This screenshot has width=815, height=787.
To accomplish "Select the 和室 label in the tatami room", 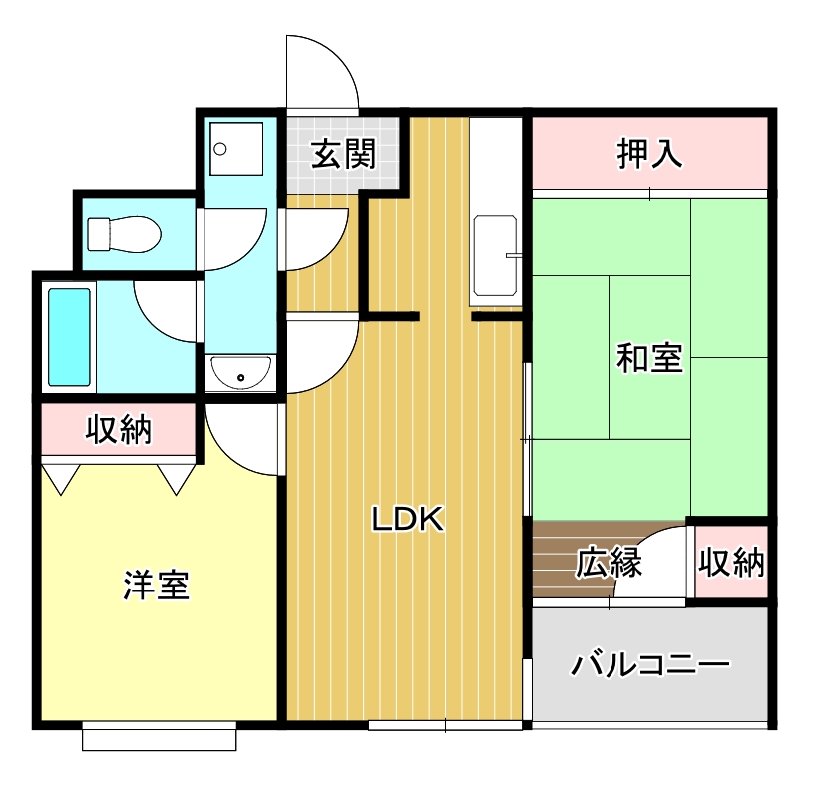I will (x=649, y=357).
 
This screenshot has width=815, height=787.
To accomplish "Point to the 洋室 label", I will (x=157, y=585).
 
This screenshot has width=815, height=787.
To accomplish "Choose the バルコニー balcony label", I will (x=649, y=663).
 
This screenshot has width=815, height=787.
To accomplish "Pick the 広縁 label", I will (x=609, y=564).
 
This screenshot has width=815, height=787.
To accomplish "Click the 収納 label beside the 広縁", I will (x=731, y=564).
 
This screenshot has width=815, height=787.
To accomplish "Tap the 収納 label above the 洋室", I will (x=118, y=430).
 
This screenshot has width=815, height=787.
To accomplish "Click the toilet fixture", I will (x=124, y=234).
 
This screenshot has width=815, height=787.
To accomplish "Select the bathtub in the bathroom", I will (x=70, y=337).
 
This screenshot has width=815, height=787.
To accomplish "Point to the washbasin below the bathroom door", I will (x=240, y=374).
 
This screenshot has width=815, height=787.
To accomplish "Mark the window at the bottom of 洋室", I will (x=160, y=739).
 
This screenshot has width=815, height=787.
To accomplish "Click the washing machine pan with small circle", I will (x=236, y=149).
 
